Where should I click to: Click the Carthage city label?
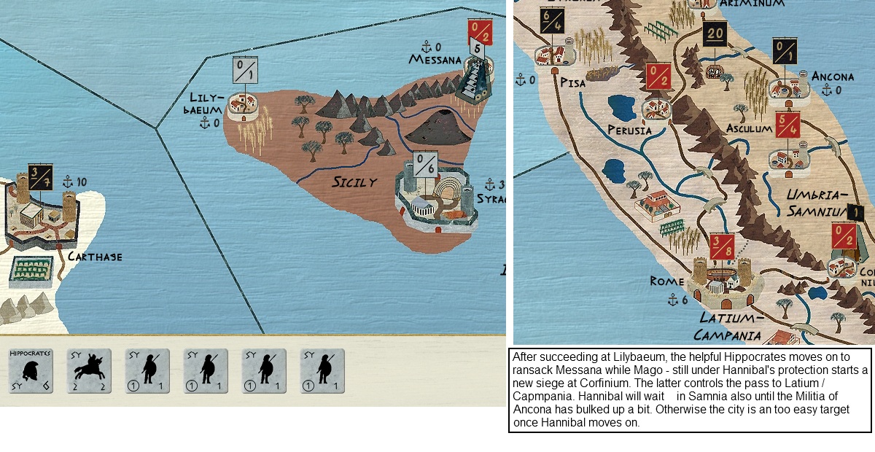[95, 257]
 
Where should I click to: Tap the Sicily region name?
[354, 182]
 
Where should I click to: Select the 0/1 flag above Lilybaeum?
[245, 71]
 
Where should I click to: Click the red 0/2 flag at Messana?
[478, 32]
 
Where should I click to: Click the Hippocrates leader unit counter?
[30, 370]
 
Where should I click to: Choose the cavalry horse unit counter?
[89, 370]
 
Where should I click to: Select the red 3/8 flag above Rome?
[720, 248]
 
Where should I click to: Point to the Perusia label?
[629, 130]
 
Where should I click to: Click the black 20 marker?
[715, 34]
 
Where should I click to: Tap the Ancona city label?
[833, 76]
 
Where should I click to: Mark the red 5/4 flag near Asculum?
[788, 125]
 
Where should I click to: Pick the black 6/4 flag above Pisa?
[551, 22]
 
